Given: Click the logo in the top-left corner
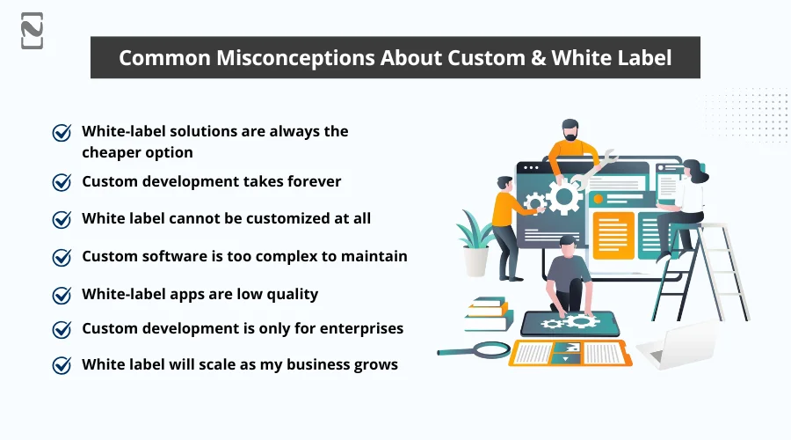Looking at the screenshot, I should [x=32, y=31].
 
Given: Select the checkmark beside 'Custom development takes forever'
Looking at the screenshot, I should [x=62, y=182].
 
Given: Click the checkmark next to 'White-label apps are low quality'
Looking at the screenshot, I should [x=62, y=295].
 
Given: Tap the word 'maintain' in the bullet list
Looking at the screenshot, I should [x=376, y=256].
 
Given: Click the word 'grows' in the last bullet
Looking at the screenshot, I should [x=375, y=363].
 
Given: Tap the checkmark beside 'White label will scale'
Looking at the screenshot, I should [x=62, y=364].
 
